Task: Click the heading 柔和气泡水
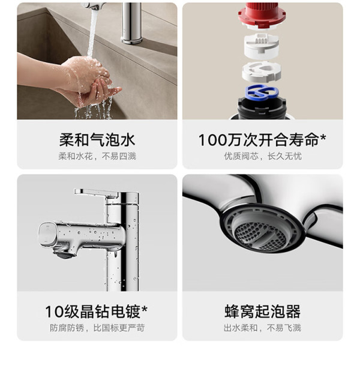pos(97,140)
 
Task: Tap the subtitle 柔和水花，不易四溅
pos(97,157)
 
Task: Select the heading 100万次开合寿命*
pos(262,140)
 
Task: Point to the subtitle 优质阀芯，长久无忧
pos(262,157)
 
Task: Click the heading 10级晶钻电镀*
pos(97,312)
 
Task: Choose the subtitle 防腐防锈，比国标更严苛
pos(97,328)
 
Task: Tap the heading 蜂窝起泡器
pos(262,312)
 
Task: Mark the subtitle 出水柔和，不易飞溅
pos(262,328)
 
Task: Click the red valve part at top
pos(262,15)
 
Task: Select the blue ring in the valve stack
pos(262,91)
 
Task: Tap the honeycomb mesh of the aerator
pos(260,235)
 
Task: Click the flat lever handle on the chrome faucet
pos(96,193)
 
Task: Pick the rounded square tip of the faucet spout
pos(47,235)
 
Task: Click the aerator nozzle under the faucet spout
pos(64,255)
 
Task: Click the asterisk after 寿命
pos(323,137)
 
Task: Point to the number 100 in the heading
pos(213,140)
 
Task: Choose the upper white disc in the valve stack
pos(261,46)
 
